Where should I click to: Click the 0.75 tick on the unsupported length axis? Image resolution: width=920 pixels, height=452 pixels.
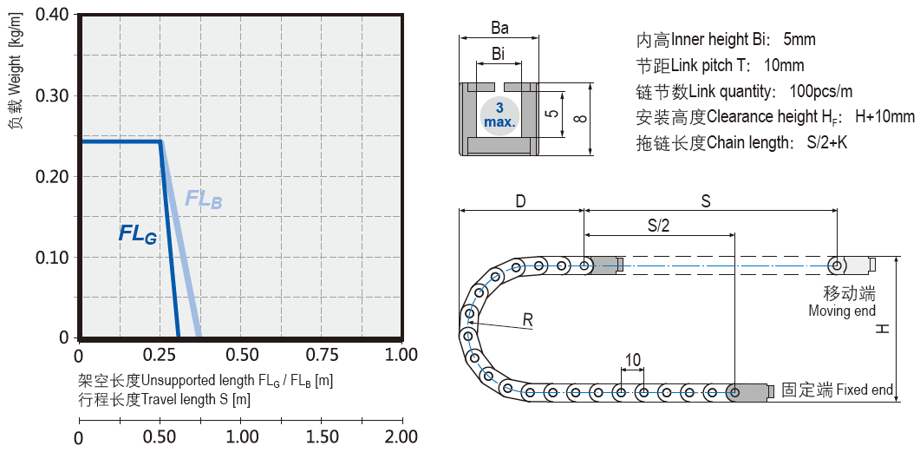tap(322, 355)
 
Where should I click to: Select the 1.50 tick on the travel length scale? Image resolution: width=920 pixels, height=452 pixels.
tap(322, 436)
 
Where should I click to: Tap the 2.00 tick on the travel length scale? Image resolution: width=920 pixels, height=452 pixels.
tap(401, 436)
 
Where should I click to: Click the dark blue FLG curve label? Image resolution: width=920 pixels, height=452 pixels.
tap(138, 233)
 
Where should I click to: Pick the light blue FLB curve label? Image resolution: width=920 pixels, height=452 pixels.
tap(204, 199)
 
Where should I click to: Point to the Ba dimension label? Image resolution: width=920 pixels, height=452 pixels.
tap(499, 28)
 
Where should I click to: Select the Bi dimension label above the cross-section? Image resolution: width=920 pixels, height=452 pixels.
tap(499, 54)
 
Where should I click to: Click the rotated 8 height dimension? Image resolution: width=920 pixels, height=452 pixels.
tap(580, 119)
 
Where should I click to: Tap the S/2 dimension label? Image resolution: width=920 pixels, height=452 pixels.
tap(659, 226)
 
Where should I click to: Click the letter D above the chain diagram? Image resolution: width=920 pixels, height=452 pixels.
tap(520, 201)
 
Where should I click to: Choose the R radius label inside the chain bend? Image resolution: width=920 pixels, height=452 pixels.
tap(527, 321)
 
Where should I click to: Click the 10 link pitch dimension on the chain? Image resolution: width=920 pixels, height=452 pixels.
tap(632, 359)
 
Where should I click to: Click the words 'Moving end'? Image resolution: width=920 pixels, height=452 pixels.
tap(842, 311)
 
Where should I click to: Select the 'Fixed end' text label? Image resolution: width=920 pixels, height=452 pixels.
tap(865, 390)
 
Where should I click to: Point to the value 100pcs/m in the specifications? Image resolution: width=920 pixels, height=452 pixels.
tap(821, 91)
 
